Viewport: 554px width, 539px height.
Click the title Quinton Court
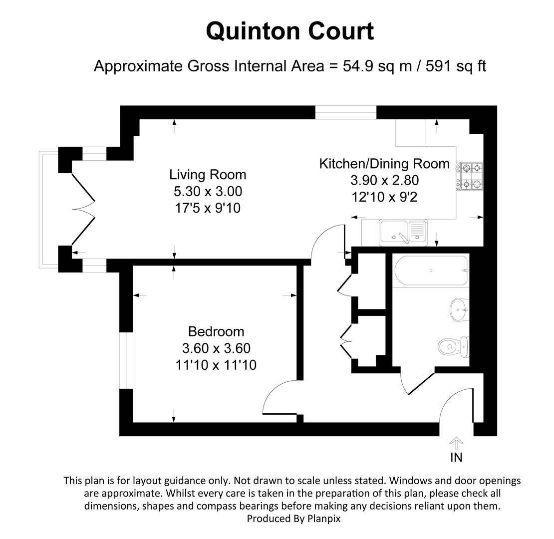(x=289, y=31)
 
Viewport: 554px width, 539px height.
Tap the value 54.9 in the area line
(x=357, y=66)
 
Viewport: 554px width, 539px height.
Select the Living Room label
(x=208, y=175)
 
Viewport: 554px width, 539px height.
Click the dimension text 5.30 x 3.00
(x=208, y=191)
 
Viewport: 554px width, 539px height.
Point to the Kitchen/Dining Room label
(x=384, y=164)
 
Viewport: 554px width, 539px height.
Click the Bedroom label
(x=216, y=331)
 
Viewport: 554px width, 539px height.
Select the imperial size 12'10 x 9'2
(x=384, y=197)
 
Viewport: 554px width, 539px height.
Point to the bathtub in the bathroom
(x=431, y=270)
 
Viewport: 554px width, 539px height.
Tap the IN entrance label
(x=456, y=457)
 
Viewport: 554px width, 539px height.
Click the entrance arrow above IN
(x=456, y=442)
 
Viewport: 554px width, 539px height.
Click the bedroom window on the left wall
(x=126, y=360)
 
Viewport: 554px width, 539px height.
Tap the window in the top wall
(x=345, y=113)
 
